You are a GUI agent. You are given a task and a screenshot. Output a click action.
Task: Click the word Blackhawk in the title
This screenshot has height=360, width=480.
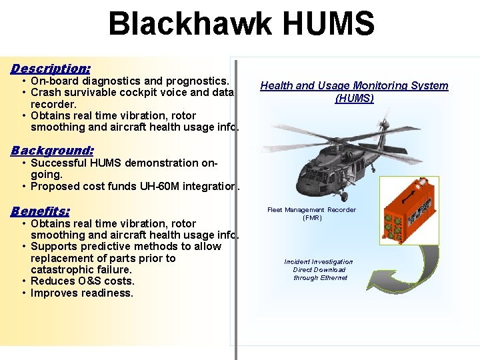coord(189,24)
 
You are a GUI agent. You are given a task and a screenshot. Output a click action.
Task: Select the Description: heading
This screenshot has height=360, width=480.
coord(51,68)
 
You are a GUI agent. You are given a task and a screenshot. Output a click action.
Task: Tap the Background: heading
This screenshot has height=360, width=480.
coord(52,151)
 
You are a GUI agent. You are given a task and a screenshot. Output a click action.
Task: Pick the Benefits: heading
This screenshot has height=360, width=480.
coord(40,211)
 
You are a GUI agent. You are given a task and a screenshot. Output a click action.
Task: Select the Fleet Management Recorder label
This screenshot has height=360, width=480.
coord(311,213)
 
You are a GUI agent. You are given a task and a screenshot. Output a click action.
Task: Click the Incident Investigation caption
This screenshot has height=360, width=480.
coord(319,262)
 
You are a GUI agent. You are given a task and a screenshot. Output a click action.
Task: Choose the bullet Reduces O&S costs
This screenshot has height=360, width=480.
coord(82,281)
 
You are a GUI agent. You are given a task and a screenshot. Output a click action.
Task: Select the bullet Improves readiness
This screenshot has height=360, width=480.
coord(82,293)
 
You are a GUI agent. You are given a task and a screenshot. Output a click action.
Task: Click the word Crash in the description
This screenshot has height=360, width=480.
coord(45,93)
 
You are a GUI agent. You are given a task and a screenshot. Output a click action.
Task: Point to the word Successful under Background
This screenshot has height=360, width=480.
coord(59,163)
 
